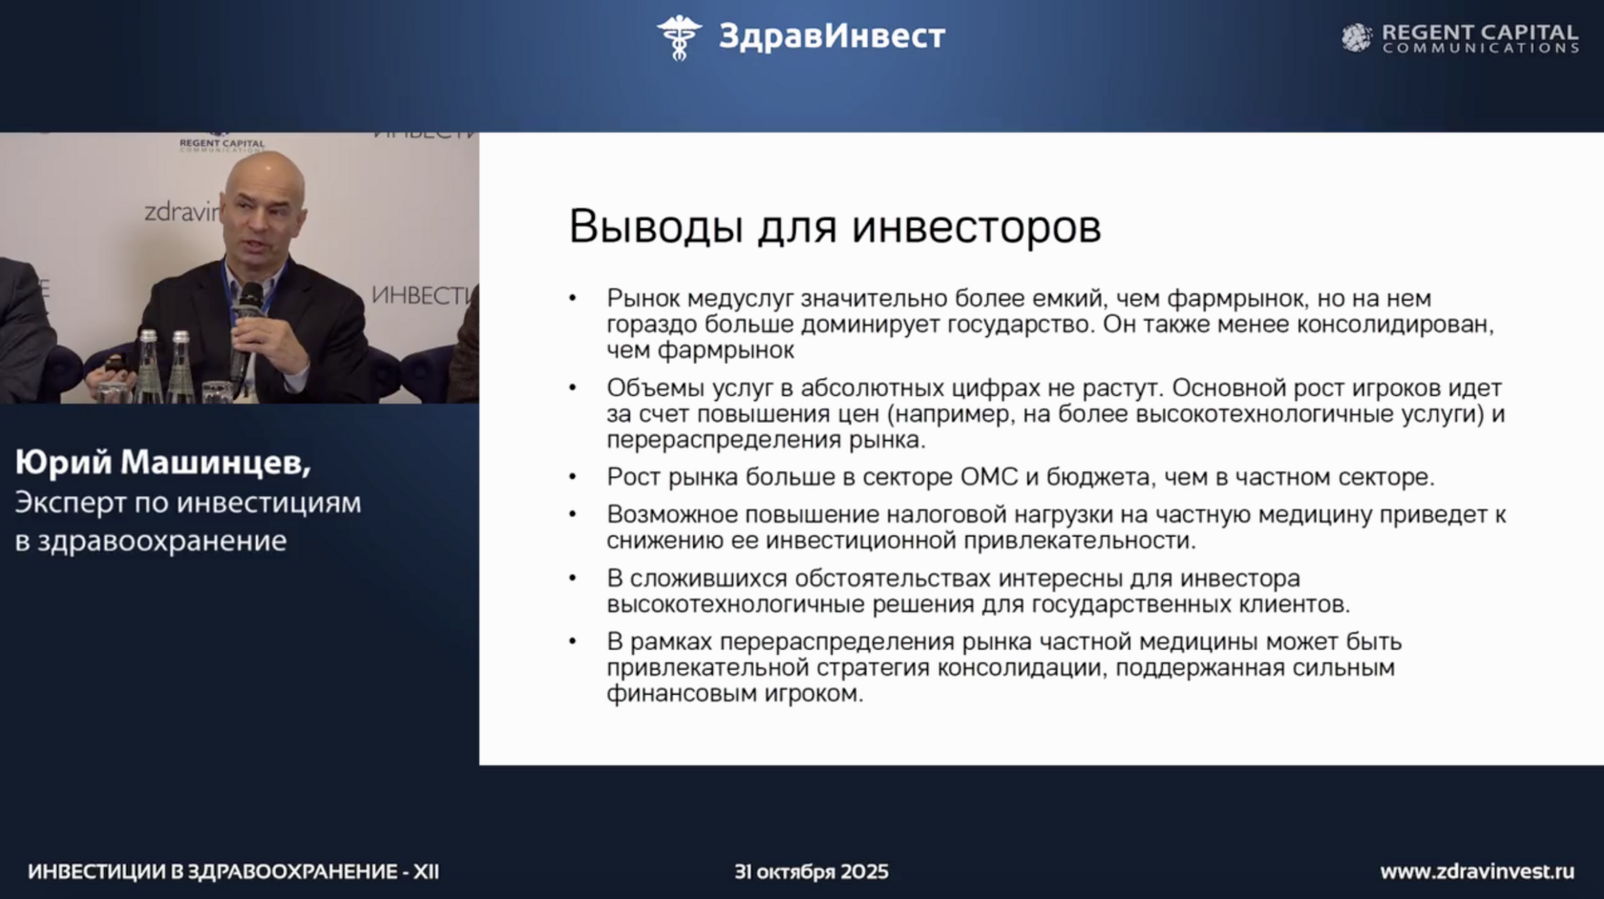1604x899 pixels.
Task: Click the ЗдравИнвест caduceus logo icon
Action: tap(679, 37)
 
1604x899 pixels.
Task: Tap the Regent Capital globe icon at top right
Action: tap(1356, 38)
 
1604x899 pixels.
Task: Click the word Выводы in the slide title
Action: tap(655, 226)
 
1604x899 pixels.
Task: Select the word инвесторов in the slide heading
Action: tap(977, 226)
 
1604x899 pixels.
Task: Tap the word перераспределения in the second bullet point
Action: tap(724, 440)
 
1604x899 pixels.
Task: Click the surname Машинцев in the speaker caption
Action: tap(216, 462)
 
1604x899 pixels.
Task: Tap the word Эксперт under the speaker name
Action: tap(71, 503)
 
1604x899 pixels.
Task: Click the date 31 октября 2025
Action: tap(812, 872)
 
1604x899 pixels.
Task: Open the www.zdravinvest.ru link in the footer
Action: tap(1477, 872)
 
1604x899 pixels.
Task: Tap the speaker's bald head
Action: tap(264, 179)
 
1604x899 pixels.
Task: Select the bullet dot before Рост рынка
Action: tap(573, 477)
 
